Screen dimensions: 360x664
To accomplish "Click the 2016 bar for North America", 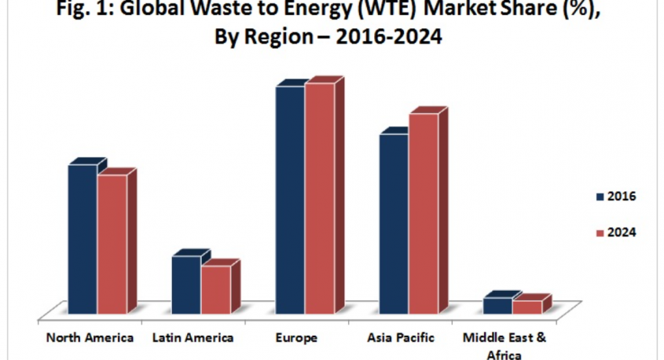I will coord(83,240).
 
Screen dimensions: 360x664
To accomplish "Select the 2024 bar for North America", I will coord(112,244).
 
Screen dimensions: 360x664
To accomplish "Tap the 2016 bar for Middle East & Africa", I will coord(497,306).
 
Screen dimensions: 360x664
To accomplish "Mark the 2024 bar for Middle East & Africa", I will coord(526,307).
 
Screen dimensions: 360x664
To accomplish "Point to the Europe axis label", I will coord(297,338).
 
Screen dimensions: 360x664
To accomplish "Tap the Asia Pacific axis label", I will coord(400,338).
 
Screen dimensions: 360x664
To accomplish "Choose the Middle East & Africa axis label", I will coord(504,345).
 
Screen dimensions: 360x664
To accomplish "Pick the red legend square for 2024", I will coord(600,233).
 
